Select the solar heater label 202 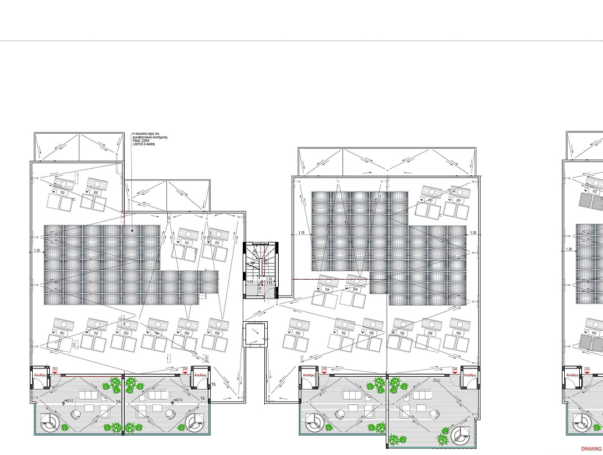(96, 193)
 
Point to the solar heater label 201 (217, 243)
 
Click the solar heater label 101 (187, 243)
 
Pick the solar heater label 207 (458, 200)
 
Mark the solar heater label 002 (218, 333)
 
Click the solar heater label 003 (298, 333)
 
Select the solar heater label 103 (96, 333)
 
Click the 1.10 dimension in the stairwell (269, 279)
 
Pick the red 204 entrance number (185, 368)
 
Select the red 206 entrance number (454, 368)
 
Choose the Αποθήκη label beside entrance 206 (469, 375)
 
